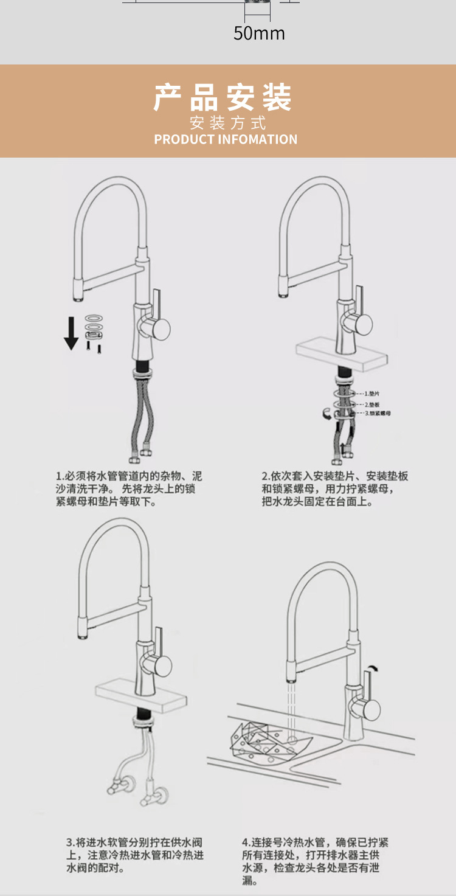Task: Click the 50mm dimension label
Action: pos(259,33)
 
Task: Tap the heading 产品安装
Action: pos(223,97)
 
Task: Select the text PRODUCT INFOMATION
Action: pos(226,139)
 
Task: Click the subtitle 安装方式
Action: pos(228,123)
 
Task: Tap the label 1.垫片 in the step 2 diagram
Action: pos(371,394)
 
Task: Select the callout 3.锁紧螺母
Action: pos(378,413)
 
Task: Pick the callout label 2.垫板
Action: pos(372,404)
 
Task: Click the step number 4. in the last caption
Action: pos(246,842)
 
